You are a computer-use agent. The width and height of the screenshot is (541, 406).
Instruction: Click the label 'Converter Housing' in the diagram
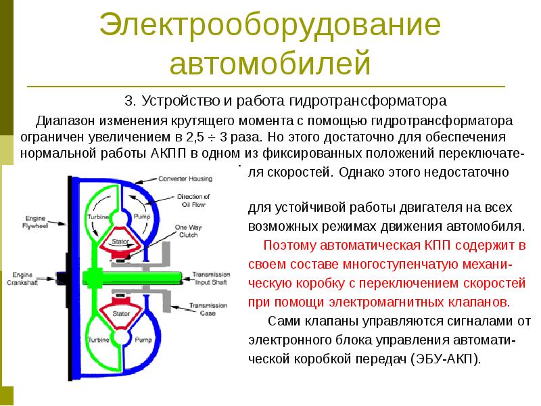pyautogui.click(x=186, y=179)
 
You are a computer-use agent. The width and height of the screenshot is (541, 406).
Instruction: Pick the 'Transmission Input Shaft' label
pyautogui.click(x=213, y=277)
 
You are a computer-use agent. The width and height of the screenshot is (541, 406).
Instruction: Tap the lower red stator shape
pyautogui.click(x=120, y=313)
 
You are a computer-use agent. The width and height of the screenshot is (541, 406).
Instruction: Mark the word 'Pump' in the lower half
pyautogui.click(x=141, y=339)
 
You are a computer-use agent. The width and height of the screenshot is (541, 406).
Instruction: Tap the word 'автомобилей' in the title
pyautogui.click(x=270, y=64)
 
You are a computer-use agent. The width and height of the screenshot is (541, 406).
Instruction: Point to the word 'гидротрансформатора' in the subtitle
pyautogui.click(x=369, y=102)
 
